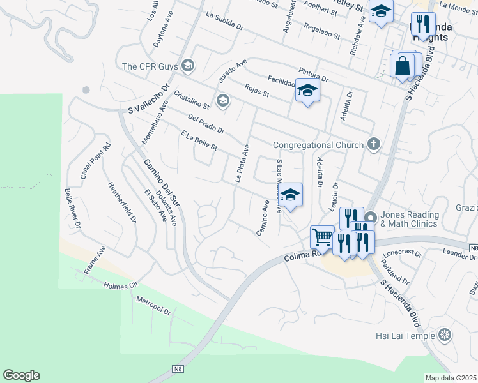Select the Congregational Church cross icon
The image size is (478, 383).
(374, 145)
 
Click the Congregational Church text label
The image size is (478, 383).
(318, 145)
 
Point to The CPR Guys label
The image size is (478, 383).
(151, 66)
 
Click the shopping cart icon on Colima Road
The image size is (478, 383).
(322, 237)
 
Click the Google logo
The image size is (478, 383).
(21, 375)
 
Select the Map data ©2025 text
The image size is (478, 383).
(451, 378)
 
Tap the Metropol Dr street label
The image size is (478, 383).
(153, 306)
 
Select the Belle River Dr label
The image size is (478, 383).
(72, 208)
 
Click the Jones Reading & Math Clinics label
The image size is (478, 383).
(410, 219)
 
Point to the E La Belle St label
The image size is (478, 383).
(199, 142)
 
